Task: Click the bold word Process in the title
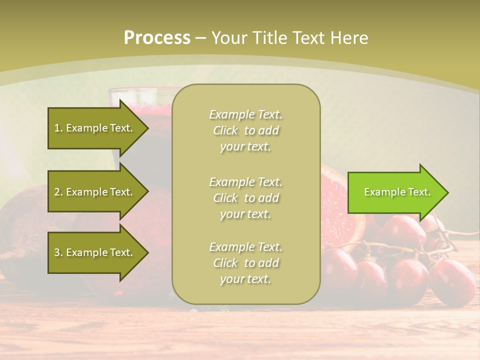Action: click(x=157, y=38)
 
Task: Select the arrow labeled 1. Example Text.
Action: click(x=95, y=128)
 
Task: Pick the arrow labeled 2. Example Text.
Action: click(x=95, y=192)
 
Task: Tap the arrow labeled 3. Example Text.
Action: click(x=95, y=252)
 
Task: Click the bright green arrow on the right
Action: click(x=395, y=192)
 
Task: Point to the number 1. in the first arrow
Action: click(x=58, y=128)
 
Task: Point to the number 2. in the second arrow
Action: click(x=58, y=192)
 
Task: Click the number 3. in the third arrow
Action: click(x=58, y=252)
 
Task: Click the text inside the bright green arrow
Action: click(x=397, y=192)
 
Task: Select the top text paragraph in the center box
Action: click(x=245, y=130)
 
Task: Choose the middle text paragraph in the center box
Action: click(x=245, y=197)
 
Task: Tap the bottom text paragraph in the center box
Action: click(x=245, y=263)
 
